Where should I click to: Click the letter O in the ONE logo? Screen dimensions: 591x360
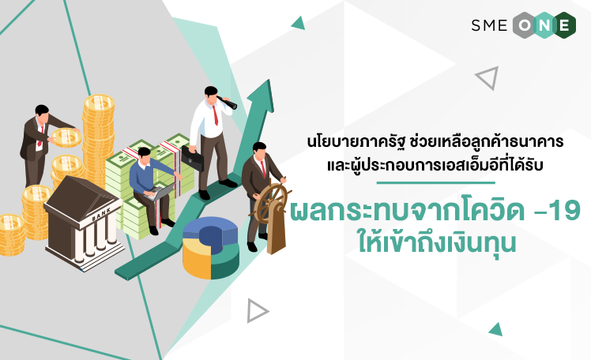[525, 25]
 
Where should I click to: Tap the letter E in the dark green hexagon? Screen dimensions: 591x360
[564, 25]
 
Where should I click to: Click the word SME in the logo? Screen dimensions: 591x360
[489, 25]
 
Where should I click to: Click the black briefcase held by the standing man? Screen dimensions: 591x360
[192, 158]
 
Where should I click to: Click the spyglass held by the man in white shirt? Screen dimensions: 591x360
[228, 102]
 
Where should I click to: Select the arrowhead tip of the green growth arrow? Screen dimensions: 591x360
[269, 80]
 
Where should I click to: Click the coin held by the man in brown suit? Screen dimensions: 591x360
[66, 138]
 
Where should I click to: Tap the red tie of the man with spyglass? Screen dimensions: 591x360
[215, 114]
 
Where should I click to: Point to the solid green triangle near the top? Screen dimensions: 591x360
[299, 24]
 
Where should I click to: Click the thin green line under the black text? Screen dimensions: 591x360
[435, 183]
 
